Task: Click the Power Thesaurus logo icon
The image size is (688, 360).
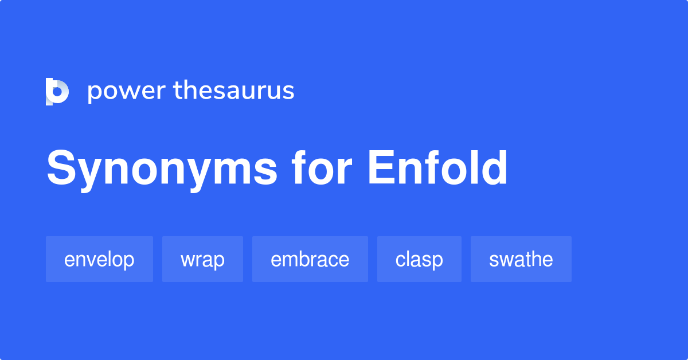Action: coord(57,92)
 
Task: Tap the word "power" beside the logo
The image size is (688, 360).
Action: coord(126,91)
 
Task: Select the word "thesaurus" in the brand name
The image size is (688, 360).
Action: coord(234,91)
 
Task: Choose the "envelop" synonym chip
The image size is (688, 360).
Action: coord(99,259)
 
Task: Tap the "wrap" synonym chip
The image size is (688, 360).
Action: coord(202,259)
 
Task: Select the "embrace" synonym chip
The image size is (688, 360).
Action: coord(310,259)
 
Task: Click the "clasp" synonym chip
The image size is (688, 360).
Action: coord(419,259)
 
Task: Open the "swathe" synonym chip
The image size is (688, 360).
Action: coord(521,259)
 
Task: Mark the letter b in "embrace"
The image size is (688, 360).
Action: coord(304,259)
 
